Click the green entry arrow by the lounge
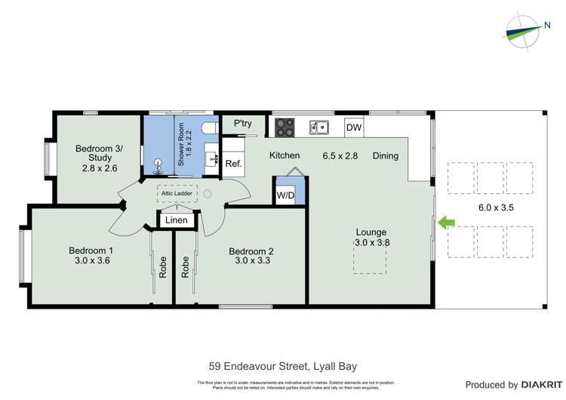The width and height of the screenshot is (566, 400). click(x=445, y=222)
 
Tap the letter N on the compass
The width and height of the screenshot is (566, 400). click(x=547, y=25)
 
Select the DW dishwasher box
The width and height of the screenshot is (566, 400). click(x=354, y=128)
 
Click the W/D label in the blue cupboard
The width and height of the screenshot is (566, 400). click(x=285, y=195)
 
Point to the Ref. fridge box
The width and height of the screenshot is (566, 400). click(x=233, y=164)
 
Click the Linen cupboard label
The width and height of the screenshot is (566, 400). click(x=177, y=220)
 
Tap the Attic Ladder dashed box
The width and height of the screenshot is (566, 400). click(x=177, y=194)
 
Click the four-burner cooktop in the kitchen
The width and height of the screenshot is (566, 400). click(x=285, y=128)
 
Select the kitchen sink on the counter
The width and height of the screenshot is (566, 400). click(x=320, y=128)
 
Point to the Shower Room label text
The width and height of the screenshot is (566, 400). click(x=182, y=144)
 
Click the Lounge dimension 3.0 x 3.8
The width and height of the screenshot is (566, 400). click(x=371, y=242)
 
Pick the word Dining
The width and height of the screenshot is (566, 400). click(x=385, y=156)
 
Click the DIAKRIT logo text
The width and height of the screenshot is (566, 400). click(x=534, y=384)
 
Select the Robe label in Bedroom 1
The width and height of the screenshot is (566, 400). click(x=162, y=268)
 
